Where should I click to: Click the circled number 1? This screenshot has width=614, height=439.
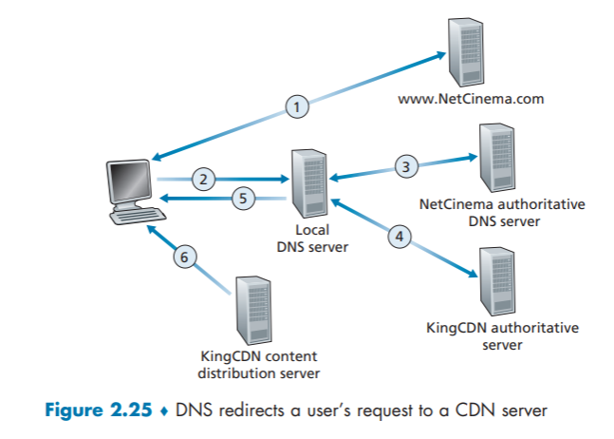(x=298, y=107)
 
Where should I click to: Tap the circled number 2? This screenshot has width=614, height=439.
(x=200, y=177)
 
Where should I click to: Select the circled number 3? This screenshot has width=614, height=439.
(x=405, y=167)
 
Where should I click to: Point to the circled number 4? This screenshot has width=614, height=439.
(x=401, y=237)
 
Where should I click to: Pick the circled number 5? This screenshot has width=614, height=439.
(x=245, y=198)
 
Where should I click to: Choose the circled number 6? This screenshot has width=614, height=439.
(x=187, y=255)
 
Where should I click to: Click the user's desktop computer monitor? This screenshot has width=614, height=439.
(x=130, y=181)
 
